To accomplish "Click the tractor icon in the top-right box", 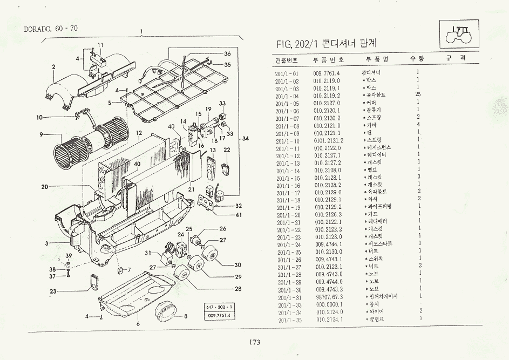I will tap(460, 34).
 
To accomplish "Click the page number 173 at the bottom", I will tap(255, 342).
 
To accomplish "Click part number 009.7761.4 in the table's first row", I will tap(327, 73).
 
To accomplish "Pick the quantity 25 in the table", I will tap(418, 95).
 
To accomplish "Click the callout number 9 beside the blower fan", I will tap(41, 134).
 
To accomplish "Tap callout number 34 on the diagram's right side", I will tap(245, 139).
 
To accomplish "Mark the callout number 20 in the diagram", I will tap(44, 187).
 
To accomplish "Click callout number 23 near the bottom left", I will tap(52, 291).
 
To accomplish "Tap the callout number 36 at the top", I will tap(227, 53).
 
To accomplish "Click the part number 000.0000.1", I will tap(328, 304).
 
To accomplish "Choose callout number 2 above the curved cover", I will tap(54, 67).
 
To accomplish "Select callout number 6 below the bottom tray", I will tap(138, 323).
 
